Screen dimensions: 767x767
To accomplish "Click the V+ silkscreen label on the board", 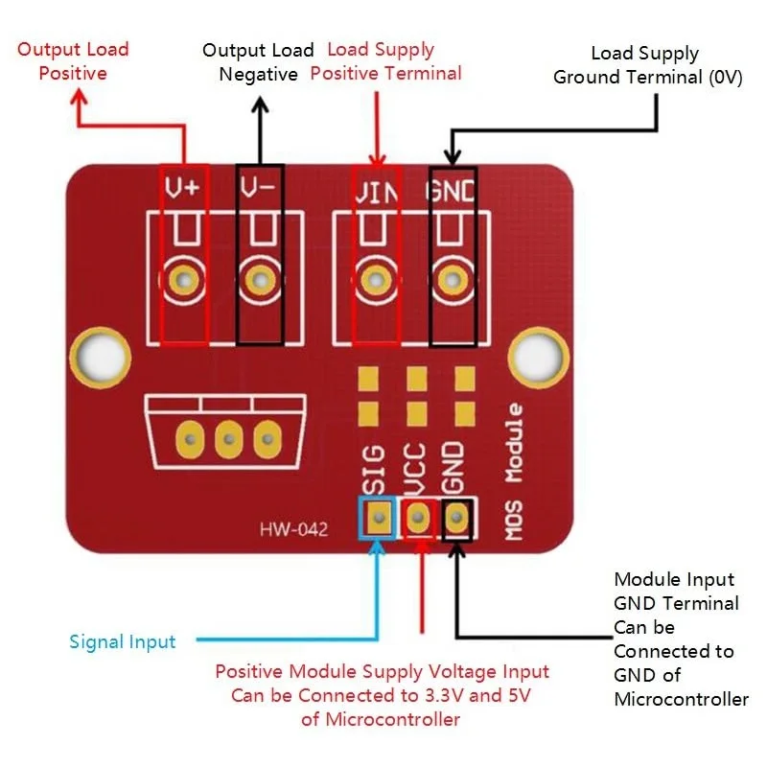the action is click(x=182, y=187).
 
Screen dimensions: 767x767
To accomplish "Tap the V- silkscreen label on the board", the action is click(x=258, y=187).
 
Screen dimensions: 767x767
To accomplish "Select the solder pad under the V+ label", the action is click(x=184, y=280).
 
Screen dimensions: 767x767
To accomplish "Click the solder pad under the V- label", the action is click(x=260, y=280).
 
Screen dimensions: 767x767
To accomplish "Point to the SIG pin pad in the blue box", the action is click(x=379, y=518).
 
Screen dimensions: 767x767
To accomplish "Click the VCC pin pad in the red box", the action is click(x=417, y=518).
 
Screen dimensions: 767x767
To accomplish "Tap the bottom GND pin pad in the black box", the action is click(x=456, y=518).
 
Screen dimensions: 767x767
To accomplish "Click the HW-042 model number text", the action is click(x=293, y=529).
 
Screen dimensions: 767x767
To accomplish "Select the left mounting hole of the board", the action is click(x=101, y=358).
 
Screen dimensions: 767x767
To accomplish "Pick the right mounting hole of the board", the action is click(x=539, y=358).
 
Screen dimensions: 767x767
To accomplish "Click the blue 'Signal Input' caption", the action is click(x=123, y=641).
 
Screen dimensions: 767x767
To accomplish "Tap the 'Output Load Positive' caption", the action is click(x=73, y=61).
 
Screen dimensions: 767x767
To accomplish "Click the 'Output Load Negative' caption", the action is click(x=258, y=62).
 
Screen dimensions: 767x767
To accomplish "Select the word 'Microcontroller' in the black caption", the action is click(x=681, y=700).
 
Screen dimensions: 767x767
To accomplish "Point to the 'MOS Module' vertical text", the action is click(x=514, y=472).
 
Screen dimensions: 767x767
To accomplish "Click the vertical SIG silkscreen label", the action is click(x=374, y=470).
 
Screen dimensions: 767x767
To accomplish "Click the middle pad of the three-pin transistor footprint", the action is click(x=228, y=439).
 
